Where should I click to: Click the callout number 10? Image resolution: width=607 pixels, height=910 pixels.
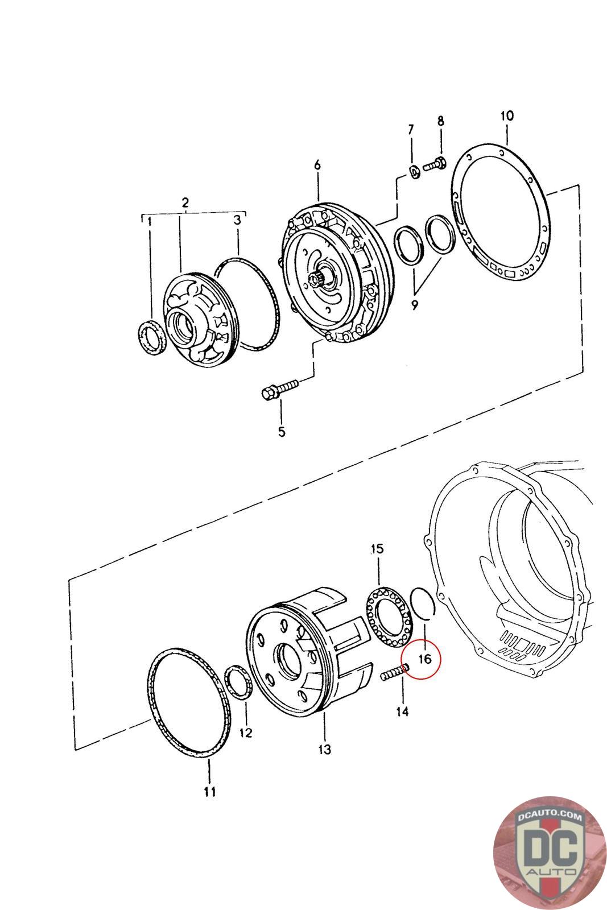point(506,116)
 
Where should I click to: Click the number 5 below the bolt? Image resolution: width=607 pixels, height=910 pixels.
point(282,432)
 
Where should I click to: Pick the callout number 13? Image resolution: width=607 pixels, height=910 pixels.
point(324,750)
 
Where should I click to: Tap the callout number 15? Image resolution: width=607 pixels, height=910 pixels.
point(377,549)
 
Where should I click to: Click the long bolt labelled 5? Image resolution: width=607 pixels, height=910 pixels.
point(280,390)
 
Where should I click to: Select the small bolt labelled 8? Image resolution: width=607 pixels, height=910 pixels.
point(437,163)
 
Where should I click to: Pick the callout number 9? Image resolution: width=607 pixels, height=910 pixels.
point(414,305)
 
